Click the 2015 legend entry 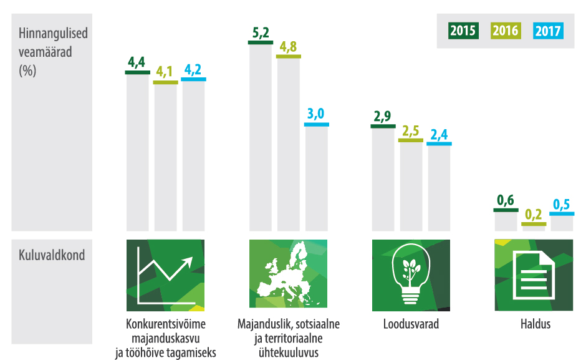[x=463, y=31]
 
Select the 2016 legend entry [x=505, y=31]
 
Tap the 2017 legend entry [x=548, y=31]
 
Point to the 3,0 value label [x=316, y=114]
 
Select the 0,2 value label [x=534, y=215]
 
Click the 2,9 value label [x=382, y=117]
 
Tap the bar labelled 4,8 [x=288, y=144]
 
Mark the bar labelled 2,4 [x=439, y=187]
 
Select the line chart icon [x=165, y=275]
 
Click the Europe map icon [x=288, y=275]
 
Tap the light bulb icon [x=411, y=275]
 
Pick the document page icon [x=534, y=275]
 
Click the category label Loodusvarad [x=411, y=324]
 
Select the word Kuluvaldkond [x=52, y=255]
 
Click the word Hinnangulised [x=53, y=34]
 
